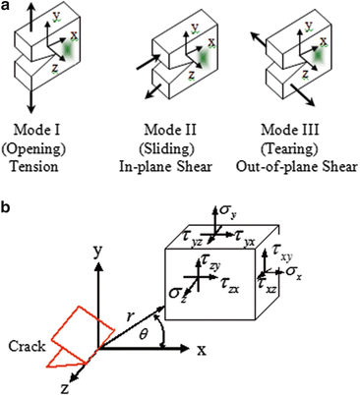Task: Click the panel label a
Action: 7,8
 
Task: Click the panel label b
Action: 7,208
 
